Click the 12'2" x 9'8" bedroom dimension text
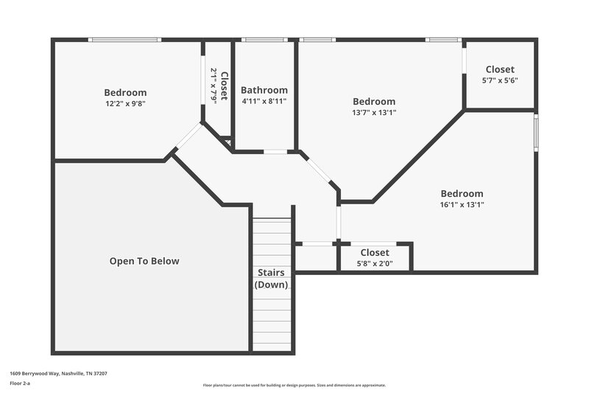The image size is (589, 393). (x=125, y=105)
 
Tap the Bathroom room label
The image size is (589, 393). (x=264, y=90)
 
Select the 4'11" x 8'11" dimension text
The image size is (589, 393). (x=264, y=102)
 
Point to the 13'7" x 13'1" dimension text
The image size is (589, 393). (x=373, y=113)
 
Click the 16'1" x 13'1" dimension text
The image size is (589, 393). (x=462, y=205)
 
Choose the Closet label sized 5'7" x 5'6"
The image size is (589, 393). (x=500, y=69)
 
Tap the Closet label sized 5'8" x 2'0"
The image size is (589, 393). (x=374, y=253)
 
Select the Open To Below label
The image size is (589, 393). (x=144, y=261)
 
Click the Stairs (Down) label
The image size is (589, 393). (x=271, y=279)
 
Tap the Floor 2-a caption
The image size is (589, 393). (x=20, y=383)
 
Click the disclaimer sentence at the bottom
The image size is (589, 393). (x=294, y=385)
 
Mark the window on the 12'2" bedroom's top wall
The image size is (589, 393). (x=124, y=40)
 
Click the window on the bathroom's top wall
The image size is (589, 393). (x=264, y=40)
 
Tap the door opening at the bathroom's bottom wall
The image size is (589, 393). (x=275, y=152)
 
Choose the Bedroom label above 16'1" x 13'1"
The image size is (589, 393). (x=462, y=193)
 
